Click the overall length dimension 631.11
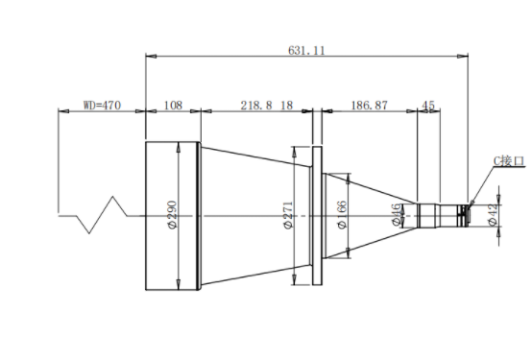coord(306,51)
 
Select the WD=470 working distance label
coord(102,106)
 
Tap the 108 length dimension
coord(173,106)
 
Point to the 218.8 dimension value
coord(256,106)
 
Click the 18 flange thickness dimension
coord(287,106)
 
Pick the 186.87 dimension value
coord(369,106)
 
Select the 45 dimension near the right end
coord(428,106)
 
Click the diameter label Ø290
coord(172,214)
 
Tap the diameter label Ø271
coord(288,215)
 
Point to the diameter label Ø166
coord(343,215)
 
